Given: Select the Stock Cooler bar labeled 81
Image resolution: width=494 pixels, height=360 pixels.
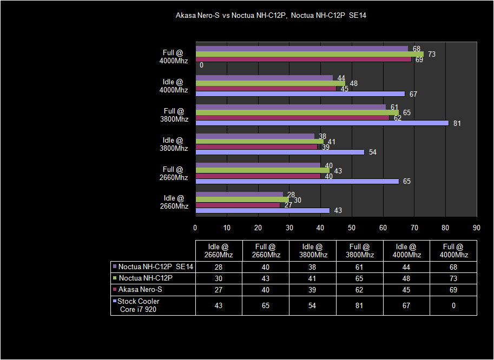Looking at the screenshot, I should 322,123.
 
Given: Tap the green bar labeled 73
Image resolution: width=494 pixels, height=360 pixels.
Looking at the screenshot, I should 309,54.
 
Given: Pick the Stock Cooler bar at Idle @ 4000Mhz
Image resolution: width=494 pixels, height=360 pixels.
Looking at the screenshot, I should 300,94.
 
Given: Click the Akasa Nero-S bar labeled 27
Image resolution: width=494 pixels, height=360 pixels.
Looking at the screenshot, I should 238,205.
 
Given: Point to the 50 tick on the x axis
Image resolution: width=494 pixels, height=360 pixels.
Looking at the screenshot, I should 352,227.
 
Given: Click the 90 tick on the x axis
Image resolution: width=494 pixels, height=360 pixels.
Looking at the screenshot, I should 477,227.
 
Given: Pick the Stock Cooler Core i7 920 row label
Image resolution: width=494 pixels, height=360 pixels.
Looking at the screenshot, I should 139,305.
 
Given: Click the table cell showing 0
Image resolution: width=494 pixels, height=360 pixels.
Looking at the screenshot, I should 453,305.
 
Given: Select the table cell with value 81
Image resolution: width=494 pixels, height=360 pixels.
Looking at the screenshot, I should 359,305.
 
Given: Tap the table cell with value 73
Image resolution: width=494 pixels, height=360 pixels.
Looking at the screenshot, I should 453,278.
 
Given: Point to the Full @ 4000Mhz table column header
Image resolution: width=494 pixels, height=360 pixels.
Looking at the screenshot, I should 453,251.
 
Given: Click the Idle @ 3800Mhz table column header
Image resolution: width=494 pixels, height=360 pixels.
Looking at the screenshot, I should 312,251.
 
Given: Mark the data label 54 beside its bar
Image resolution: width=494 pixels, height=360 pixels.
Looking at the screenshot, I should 372,152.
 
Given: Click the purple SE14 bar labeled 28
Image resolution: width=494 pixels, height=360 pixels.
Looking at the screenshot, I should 239,194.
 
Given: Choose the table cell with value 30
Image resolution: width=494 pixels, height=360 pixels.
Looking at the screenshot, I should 219,278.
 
